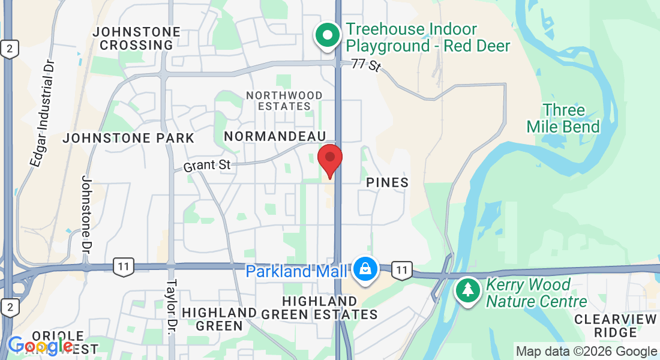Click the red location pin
click(329, 158)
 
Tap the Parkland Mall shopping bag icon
click(365, 269)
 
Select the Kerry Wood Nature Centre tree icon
click(466, 290)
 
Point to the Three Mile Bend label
click(563, 118)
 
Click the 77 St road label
click(366, 64)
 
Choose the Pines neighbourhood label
click(387, 182)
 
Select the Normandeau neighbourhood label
click(275, 136)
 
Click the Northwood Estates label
click(284, 100)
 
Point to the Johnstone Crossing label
click(137, 38)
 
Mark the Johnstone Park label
click(129, 138)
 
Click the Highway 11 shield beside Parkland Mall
click(402, 270)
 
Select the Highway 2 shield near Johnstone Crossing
click(8, 49)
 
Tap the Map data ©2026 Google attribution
click(586, 352)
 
